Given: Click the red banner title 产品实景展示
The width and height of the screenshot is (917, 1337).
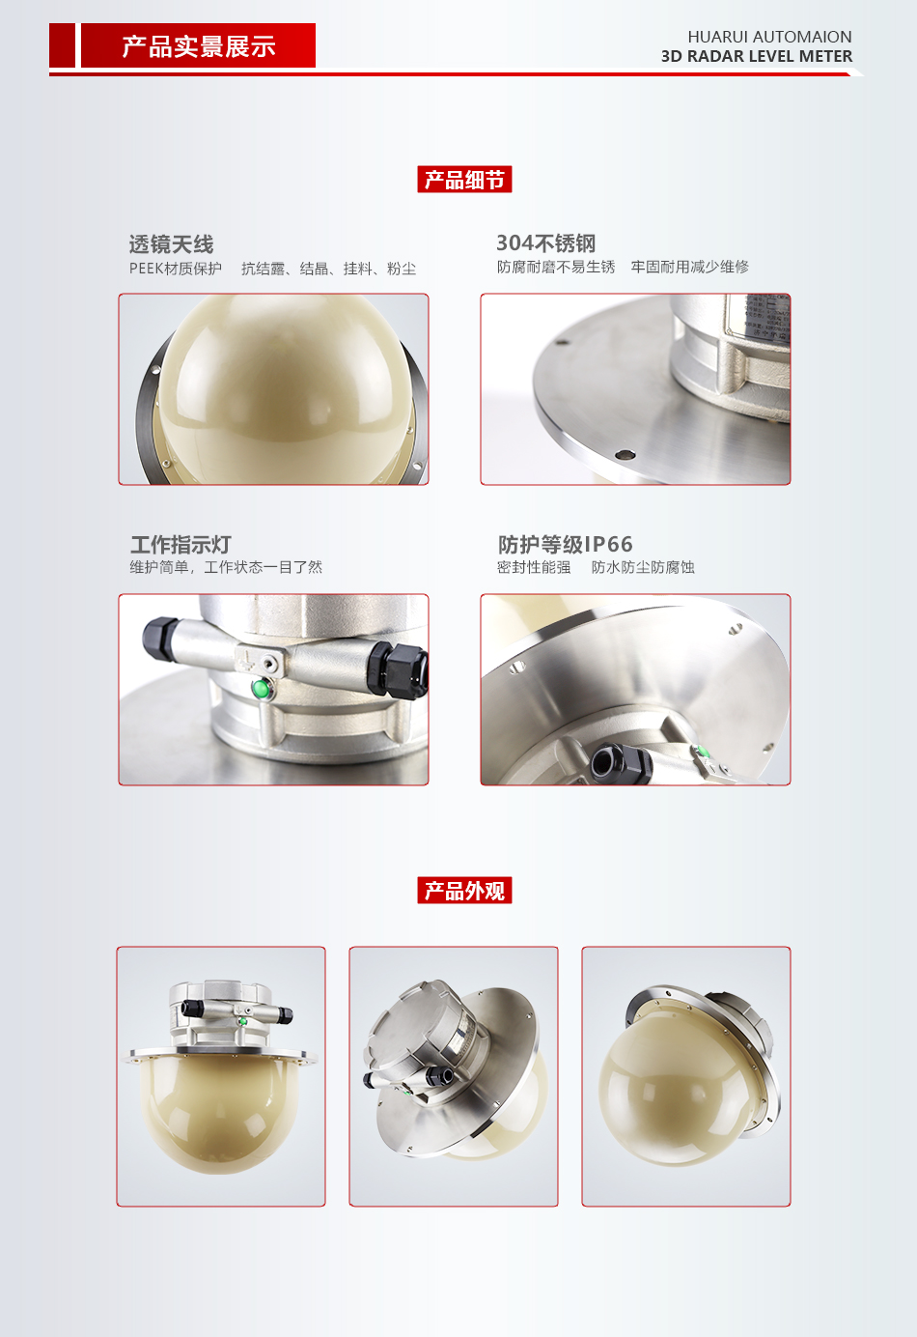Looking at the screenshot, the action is coord(199,46).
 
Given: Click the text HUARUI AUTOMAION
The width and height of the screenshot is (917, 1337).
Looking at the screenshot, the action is coord(769,37).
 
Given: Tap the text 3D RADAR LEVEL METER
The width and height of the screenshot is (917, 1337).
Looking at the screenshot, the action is coord(757,57).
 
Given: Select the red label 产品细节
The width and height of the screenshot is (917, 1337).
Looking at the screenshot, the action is coord(464,179).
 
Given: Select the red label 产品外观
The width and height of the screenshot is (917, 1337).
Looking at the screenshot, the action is coord(464,891).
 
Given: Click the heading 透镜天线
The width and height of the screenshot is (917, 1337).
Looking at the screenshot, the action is coord(171,244).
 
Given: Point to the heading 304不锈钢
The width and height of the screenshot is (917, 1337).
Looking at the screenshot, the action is coord(546,242).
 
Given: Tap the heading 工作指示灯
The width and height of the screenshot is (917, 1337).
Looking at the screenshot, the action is coord(181,544).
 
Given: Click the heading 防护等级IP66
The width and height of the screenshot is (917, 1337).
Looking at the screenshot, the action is coord(566,544).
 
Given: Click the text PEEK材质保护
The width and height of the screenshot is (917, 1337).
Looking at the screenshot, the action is coord(176,269).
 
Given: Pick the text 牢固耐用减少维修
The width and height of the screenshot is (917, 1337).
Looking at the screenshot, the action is coord(690,267).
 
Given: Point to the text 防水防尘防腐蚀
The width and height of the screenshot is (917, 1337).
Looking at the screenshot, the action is coord(643,567).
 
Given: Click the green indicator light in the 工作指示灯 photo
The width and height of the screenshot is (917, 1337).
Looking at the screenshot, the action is coord(260,689).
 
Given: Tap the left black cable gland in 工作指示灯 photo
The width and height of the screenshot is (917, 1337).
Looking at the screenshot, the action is coord(160,638).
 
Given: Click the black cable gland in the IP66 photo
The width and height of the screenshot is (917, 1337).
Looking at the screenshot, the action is coord(622,761).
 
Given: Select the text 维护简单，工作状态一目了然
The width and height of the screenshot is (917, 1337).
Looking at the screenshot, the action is coord(226,567).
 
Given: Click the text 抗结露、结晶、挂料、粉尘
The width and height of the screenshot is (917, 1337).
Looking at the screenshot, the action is coord(328,269).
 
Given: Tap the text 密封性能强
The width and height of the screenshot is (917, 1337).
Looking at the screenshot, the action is coord(534,567).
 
